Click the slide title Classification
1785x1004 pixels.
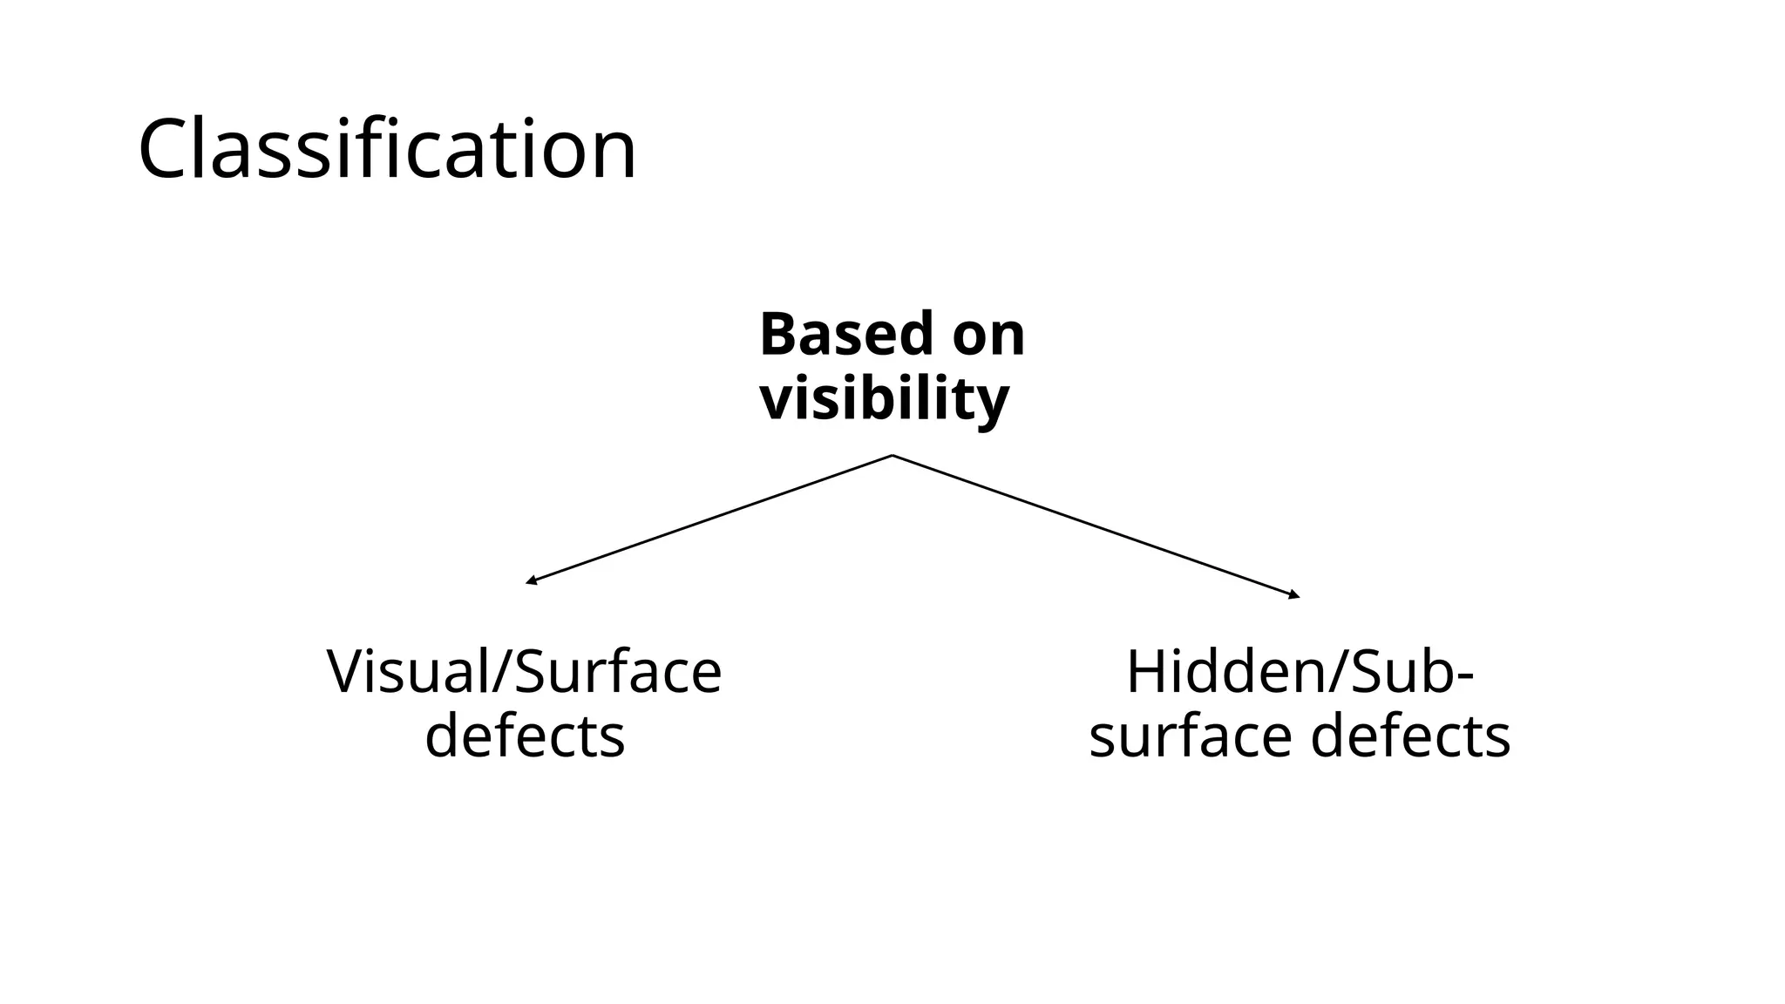(x=387, y=150)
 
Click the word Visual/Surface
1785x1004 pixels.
(x=524, y=672)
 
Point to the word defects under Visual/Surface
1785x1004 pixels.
(x=524, y=736)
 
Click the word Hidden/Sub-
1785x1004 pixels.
(x=1299, y=672)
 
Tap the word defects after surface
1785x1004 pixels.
(x=1410, y=736)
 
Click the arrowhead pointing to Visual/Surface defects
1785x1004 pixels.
(x=530, y=581)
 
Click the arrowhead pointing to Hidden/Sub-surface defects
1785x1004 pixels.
(x=1295, y=596)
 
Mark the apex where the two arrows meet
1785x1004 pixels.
(x=892, y=455)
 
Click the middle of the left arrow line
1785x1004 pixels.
(x=709, y=519)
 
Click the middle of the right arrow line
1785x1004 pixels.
(x=1096, y=526)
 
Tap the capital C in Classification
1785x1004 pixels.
(x=168, y=150)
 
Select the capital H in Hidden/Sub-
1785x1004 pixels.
(x=1147, y=672)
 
